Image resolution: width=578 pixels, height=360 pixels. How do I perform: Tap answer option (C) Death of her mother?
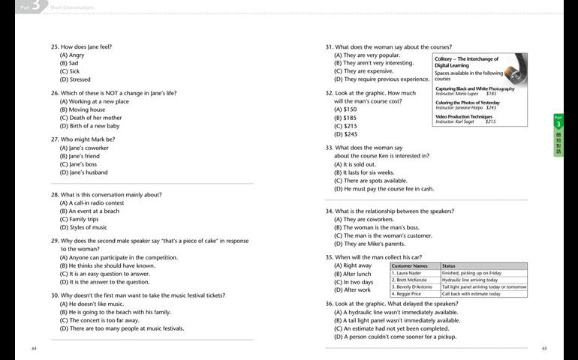pos(90,118)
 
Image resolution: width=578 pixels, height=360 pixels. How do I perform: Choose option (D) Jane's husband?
pos(83,172)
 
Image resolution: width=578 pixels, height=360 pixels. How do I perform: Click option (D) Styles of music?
pos(83,227)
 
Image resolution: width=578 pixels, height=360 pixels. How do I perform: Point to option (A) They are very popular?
pos(367,55)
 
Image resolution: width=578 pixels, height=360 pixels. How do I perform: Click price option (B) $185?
pos(345,118)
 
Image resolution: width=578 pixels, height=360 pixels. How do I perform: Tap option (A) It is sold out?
pos(355,164)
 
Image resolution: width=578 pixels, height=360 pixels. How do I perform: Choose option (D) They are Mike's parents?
pos(369,244)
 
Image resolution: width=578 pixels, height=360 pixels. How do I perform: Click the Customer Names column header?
pos(410,265)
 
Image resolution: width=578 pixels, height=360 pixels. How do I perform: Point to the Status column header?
pos(449,265)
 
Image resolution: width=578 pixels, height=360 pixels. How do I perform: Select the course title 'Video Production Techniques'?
pos(464,116)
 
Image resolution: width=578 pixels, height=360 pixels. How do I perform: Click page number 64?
pos(34,348)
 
